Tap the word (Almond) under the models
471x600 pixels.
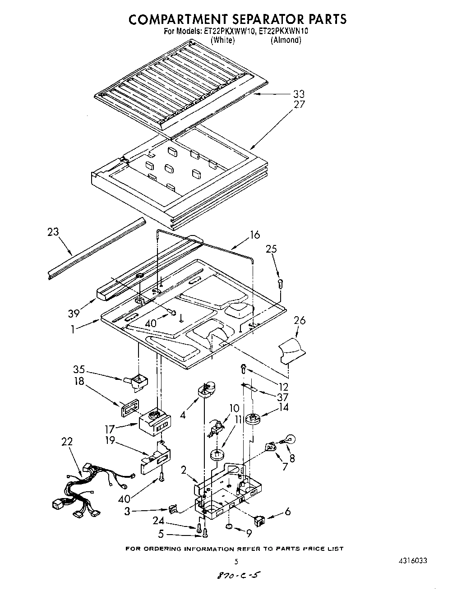coord(286,40)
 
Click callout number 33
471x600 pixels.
coord(299,94)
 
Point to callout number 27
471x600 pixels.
coord(299,104)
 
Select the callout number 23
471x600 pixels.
coord(53,232)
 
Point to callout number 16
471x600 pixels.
coord(255,235)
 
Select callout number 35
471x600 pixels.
coord(79,369)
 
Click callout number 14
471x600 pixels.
coord(296,407)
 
